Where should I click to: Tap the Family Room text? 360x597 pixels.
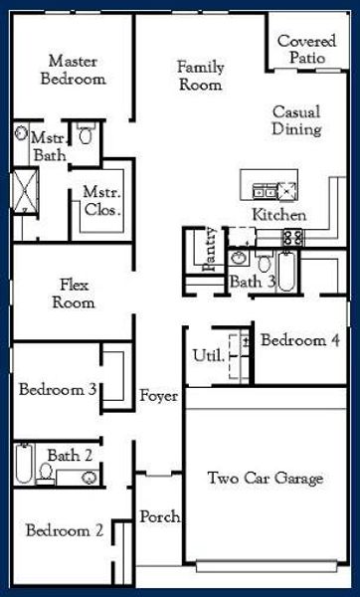click(x=201, y=77)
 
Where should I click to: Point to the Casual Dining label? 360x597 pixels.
click(x=296, y=121)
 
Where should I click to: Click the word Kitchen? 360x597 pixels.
click(x=278, y=215)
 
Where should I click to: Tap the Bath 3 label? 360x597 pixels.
click(x=253, y=283)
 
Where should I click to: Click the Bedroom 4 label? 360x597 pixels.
click(x=299, y=340)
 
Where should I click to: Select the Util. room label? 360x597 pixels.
click(x=206, y=355)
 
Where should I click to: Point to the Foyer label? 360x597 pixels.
click(x=159, y=396)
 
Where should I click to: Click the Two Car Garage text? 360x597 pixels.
click(x=265, y=480)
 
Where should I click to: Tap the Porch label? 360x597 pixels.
click(x=159, y=516)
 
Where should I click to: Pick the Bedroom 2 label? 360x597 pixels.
click(x=65, y=530)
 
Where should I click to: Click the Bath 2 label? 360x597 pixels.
click(x=71, y=456)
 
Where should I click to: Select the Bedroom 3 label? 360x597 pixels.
click(x=57, y=389)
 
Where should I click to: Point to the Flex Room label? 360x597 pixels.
click(x=74, y=294)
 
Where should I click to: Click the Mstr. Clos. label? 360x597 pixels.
click(x=101, y=202)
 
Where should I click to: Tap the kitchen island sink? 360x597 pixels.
click(x=267, y=189)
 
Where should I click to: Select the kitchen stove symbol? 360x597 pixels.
click(x=292, y=238)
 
